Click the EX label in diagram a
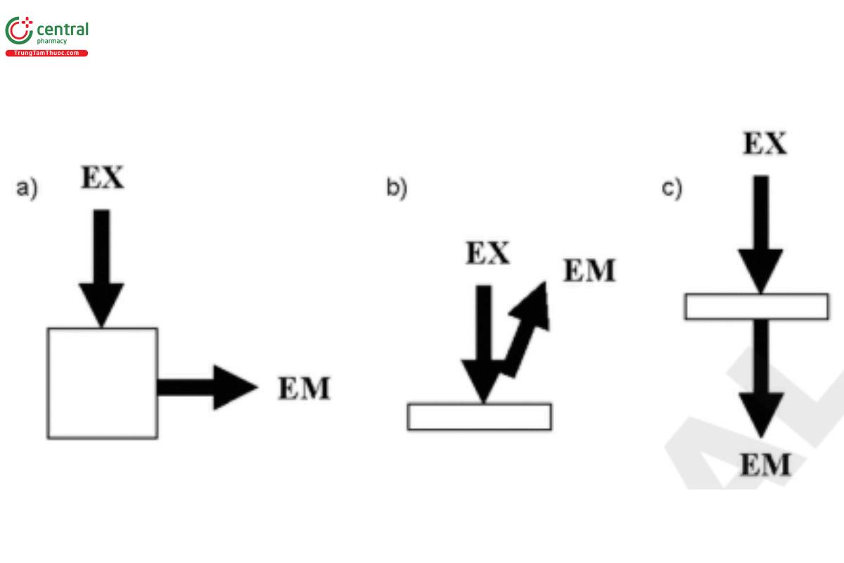point(102,178)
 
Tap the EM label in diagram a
point(304,389)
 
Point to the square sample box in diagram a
point(102,384)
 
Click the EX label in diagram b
point(487,253)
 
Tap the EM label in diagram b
point(589,271)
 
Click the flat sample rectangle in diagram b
point(479,417)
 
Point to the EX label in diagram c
point(765,144)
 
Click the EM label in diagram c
point(765,465)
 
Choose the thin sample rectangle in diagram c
point(756,307)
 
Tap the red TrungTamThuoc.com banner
point(46,53)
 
